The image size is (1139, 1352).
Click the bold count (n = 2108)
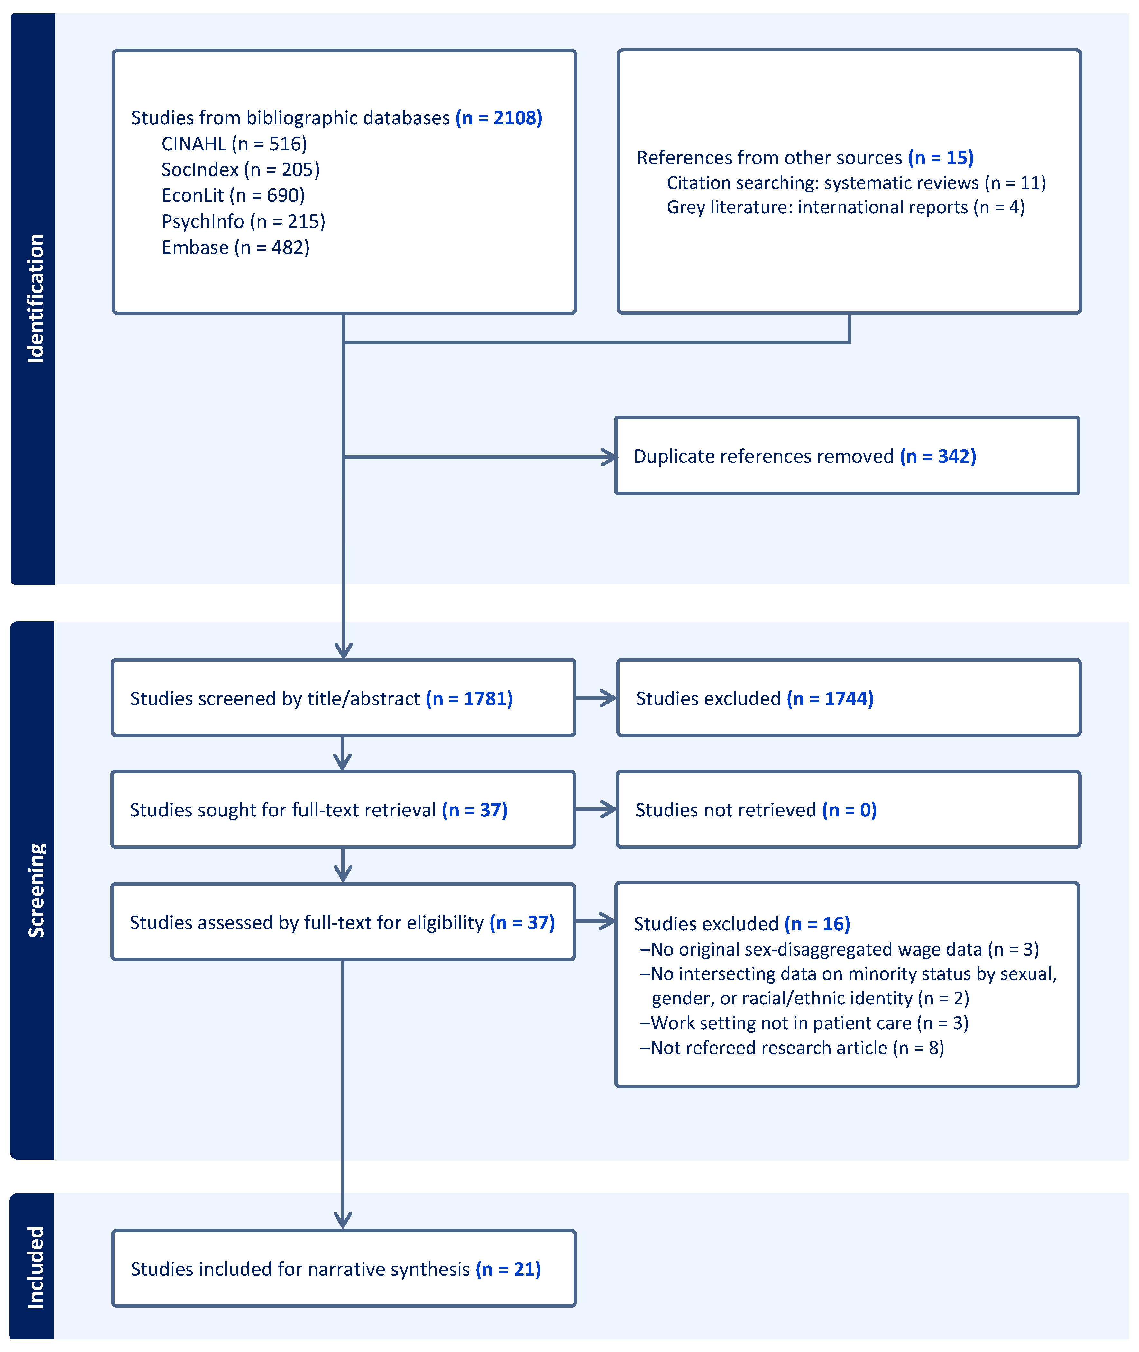499,117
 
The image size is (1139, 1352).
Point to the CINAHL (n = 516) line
234,144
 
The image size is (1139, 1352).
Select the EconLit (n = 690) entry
233,195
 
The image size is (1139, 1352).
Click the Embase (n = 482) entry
235,247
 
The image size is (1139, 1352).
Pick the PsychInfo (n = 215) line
243,221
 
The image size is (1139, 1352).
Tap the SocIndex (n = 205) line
240,169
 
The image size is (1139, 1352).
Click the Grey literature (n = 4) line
845,207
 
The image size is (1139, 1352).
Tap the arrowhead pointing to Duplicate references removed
608,457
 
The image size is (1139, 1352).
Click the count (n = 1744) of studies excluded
830,698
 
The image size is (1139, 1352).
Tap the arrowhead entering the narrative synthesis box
343,1220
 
